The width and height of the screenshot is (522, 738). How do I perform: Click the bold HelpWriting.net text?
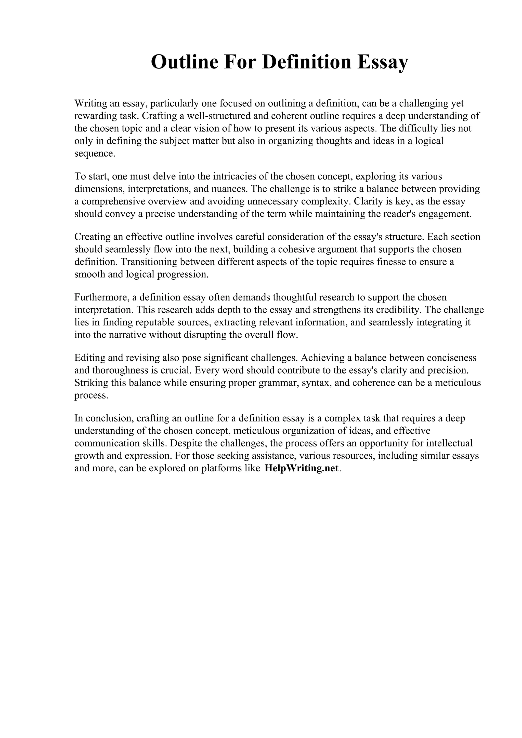click(x=301, y=468)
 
